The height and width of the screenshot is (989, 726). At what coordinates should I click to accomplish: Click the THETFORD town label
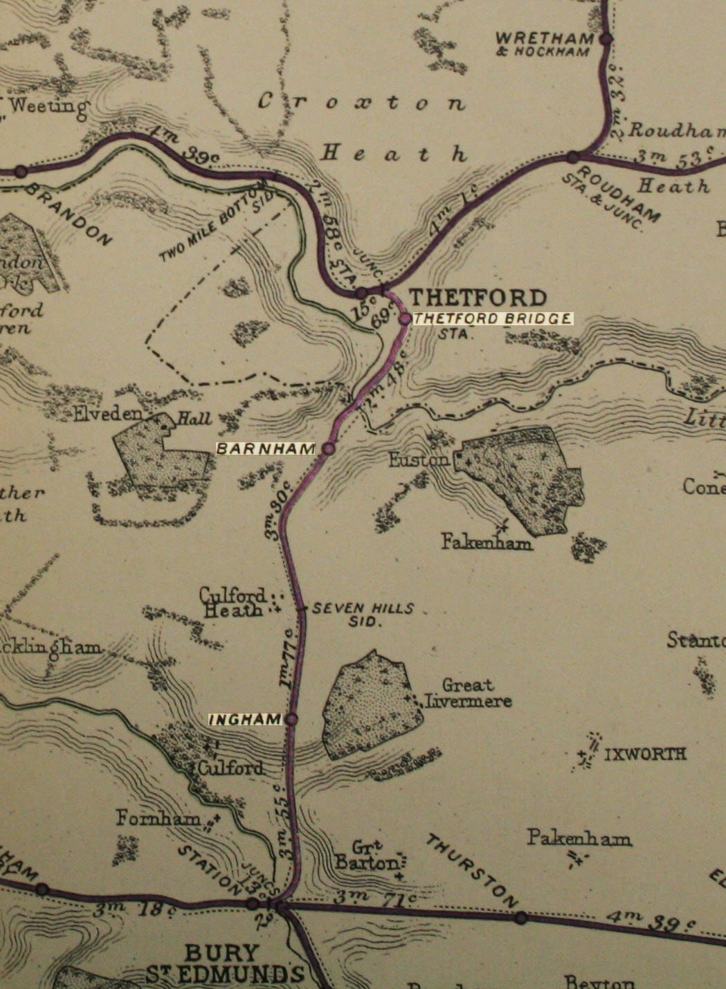pyautogui.click(x=478, y=298)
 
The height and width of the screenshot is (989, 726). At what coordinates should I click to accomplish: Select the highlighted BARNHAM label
pyautogui.click(x=266, y=448)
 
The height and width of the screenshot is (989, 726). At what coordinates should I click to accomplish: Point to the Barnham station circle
pyautogui.click(x=329, y=448)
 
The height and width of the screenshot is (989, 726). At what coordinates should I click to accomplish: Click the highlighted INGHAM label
pyautogui.click(x=245, y=720)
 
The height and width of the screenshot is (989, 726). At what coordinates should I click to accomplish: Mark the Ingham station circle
pyautogui.click(x=291, y=720)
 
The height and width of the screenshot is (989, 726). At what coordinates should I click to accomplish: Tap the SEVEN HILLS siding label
pyautogui.click(x=363, y=615)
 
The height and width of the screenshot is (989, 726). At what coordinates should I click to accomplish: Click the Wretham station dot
pyautogui.click(x=606, y=39)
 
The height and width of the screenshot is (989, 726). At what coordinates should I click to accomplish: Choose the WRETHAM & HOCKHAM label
pyautogui.click(x=545, y=43)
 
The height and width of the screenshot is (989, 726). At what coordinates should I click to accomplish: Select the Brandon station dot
pyautogui.click(x=21, y=171)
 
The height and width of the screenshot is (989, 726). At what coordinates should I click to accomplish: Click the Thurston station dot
pyautogui.click(x=520, y=918)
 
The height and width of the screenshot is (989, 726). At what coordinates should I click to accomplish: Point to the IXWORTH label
pyautogui.click(x=645, y=754)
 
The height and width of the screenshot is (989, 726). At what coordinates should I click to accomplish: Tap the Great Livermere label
pyautogui.click(x=469, y=693)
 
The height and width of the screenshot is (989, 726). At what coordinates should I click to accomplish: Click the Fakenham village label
pyautogui.click(x=487, y=543)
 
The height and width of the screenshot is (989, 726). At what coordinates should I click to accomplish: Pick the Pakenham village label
pyautogui.click(x=579, y=839)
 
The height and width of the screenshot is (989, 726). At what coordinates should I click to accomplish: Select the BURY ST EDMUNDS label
pyautogui.click(x=225, y=964)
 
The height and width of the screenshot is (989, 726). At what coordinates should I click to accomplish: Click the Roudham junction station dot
pyautogui.click(x=572, y=157)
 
